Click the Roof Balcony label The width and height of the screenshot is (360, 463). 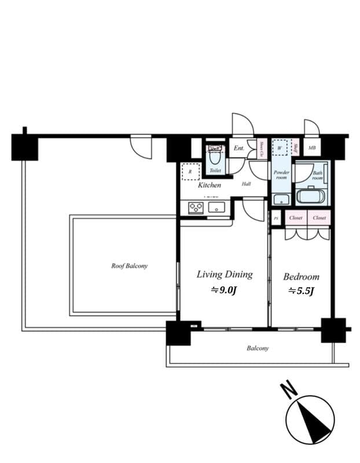click(129, 266)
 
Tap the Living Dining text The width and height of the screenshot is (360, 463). click(224, 274)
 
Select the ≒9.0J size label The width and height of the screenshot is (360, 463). click(223, 291)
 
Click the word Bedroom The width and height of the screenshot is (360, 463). click(301, 277)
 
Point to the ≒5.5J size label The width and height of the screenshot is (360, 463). click(300, 291)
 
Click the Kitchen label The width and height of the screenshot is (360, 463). click(209, 185)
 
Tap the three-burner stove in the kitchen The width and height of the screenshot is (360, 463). click(196, 208)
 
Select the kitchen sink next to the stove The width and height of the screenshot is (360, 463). click(216, 207)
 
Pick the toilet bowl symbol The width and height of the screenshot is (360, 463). click(215, 157)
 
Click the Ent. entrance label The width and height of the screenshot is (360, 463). click(238, 148)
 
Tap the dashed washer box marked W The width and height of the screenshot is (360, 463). click(280, 148)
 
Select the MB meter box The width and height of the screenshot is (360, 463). click(312, 148)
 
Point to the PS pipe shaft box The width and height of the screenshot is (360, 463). click(276, 218)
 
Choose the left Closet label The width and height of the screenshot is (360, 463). click(296, 218)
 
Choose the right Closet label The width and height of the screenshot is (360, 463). click(319, 218)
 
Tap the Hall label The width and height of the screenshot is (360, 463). click(246, 184)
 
